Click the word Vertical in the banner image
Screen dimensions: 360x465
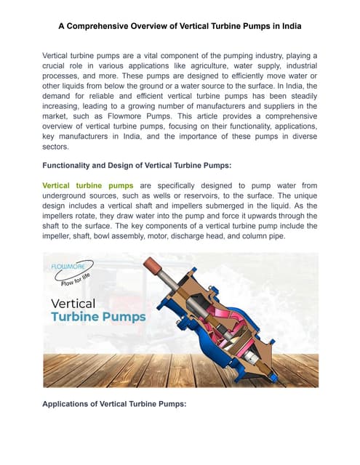(77, 302)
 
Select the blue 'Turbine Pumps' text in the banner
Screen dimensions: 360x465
(98, 317)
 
